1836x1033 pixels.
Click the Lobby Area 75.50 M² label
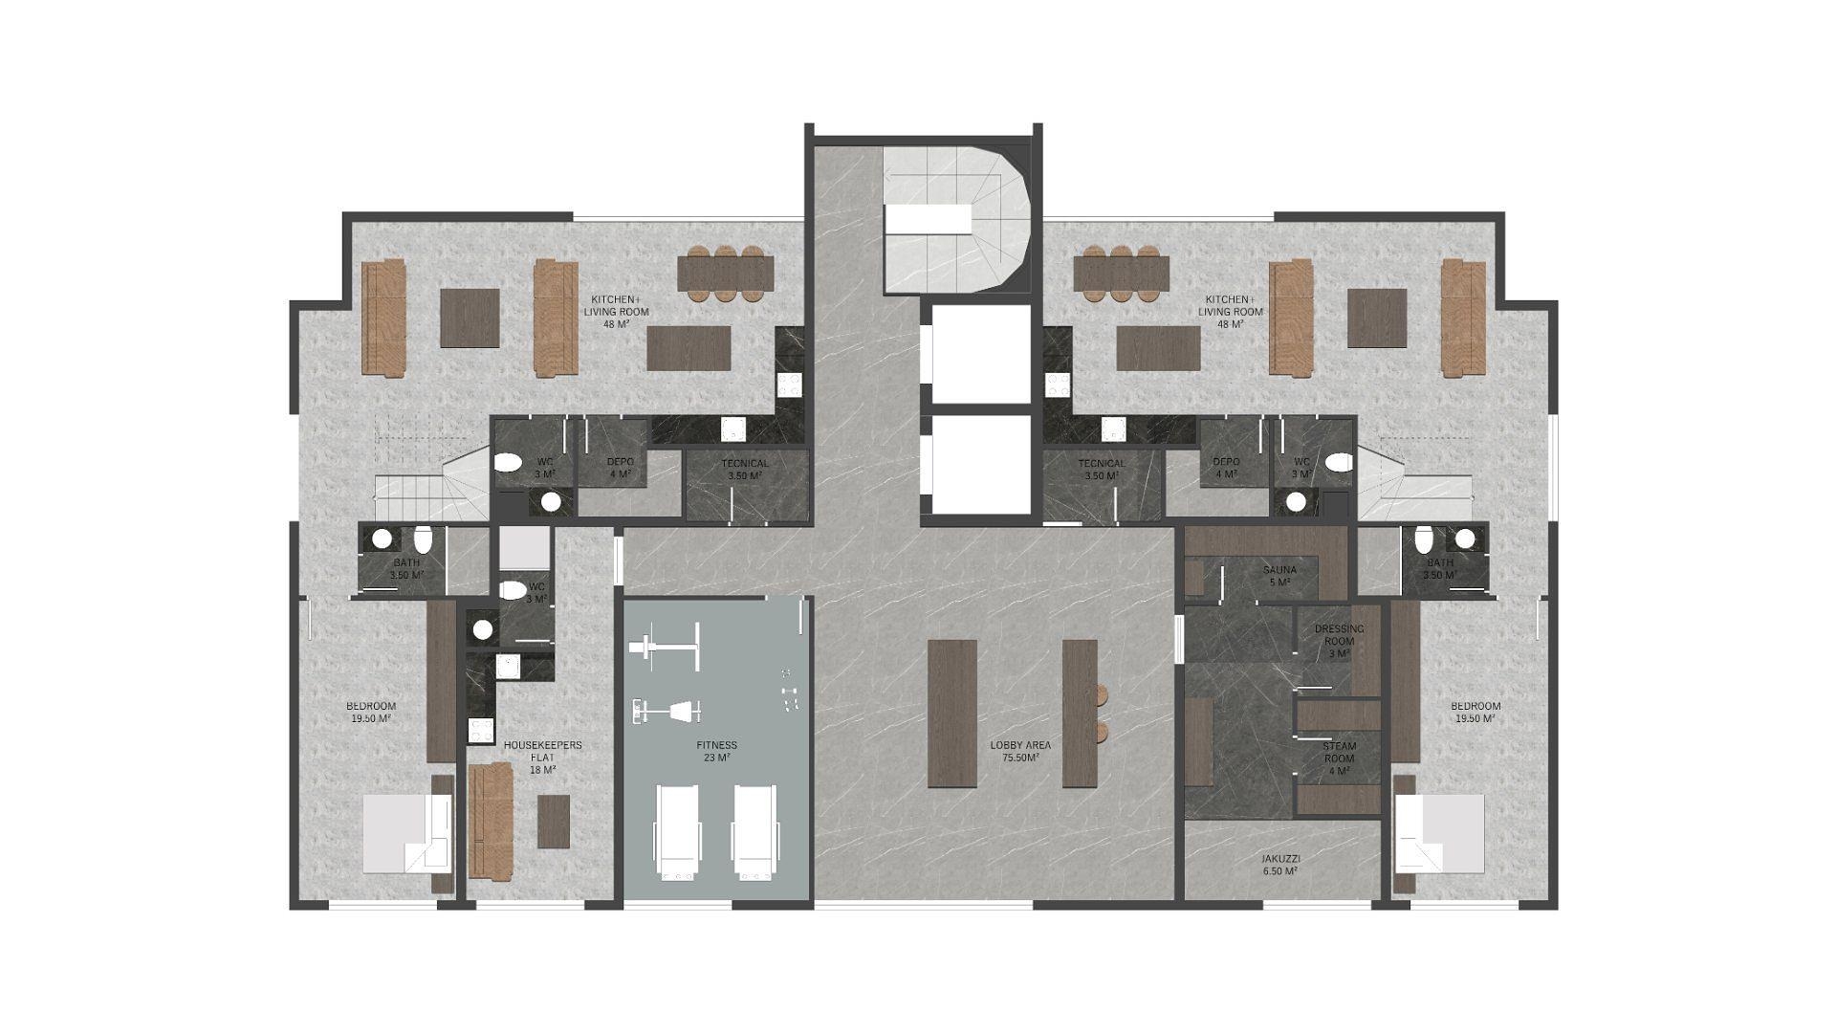coord(1020,751)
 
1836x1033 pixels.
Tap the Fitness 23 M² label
coord(716,751)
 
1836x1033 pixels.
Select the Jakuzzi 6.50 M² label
coord(1279,865)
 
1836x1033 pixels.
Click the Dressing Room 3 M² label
coord(1339,641)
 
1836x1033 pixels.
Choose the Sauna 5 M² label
coord(1279,576)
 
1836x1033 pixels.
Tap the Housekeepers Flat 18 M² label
coord(542,757)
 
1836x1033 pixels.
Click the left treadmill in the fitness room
coord(677,831)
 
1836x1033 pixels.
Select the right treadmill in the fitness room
coord(755,831)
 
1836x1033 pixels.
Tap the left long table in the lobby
coord(952,713)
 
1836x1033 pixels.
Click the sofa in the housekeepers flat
coord(491,820)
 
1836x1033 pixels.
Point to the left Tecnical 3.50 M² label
coord(745,469)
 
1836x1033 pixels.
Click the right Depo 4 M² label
coord(1226,468)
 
